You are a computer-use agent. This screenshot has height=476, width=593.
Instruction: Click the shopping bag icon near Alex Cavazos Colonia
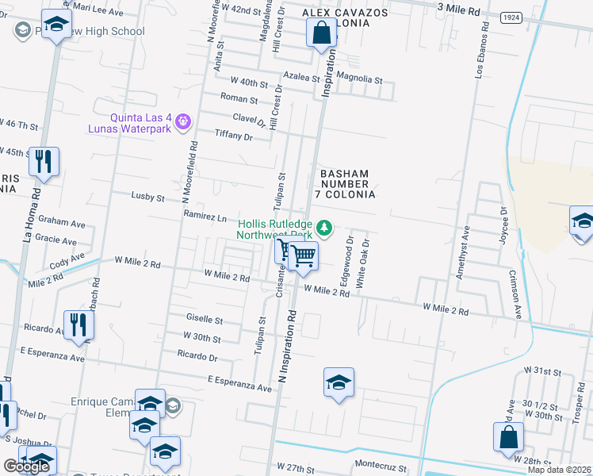[x=321, y=33]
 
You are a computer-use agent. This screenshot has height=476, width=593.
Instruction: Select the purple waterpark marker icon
[x=184, y=121]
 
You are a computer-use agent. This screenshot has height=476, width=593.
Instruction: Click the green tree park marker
[x=323, y=228]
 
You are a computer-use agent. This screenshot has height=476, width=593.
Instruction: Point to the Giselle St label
[x=204, y=320]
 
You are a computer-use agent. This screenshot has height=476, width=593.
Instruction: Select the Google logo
[x=26, y=466]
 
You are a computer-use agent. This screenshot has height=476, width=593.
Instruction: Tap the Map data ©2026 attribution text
[x=560, y=470]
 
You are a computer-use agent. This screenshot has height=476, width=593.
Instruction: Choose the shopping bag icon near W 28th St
[x=508, y=437]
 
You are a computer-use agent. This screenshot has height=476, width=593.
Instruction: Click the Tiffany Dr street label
[x=233, y=136]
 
